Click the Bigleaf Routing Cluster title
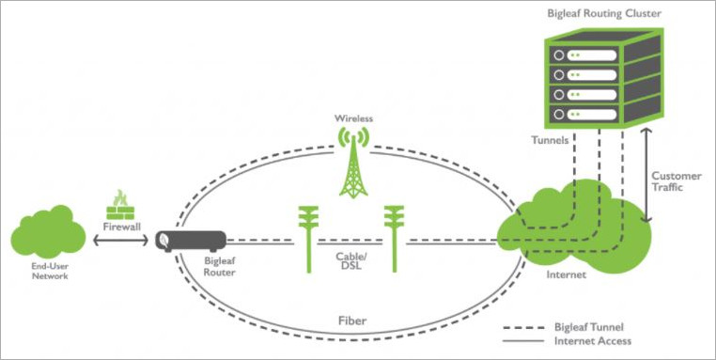(x=605, y=15)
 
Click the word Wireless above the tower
(x=354, y=119)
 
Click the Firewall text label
(x=120, y=227)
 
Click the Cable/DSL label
(x=351, y=260)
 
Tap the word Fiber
(x=351, y=321)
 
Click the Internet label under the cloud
(x=566, y=274)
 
